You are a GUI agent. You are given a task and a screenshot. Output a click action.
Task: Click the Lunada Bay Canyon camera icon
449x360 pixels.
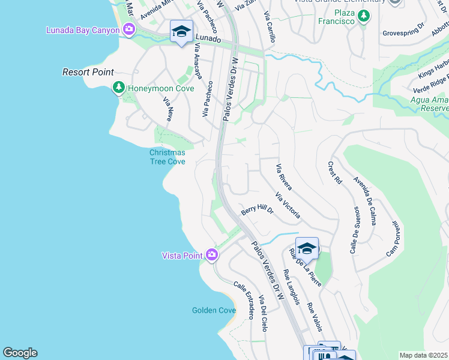(128, 29)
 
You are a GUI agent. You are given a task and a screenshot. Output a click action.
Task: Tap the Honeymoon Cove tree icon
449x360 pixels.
(119, 89)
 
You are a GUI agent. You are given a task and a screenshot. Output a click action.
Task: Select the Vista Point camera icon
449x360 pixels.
(211, 256)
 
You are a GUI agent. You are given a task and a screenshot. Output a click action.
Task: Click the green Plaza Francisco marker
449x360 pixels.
(363, 17)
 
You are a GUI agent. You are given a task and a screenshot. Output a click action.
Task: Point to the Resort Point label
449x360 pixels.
(88, 72)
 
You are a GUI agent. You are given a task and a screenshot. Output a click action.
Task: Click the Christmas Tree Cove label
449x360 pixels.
(167, 157)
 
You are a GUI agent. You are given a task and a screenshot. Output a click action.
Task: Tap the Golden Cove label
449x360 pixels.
(214, 310)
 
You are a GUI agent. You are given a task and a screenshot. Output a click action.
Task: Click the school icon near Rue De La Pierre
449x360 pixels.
(307, 247)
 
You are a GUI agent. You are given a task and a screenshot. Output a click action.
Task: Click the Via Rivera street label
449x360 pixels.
(283, 177)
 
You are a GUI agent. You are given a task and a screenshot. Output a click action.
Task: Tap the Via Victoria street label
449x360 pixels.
(288, 205)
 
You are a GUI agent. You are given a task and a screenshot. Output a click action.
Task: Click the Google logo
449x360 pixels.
(20, 353)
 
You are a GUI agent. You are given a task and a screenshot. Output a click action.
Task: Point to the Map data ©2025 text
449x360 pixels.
(423, 355)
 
